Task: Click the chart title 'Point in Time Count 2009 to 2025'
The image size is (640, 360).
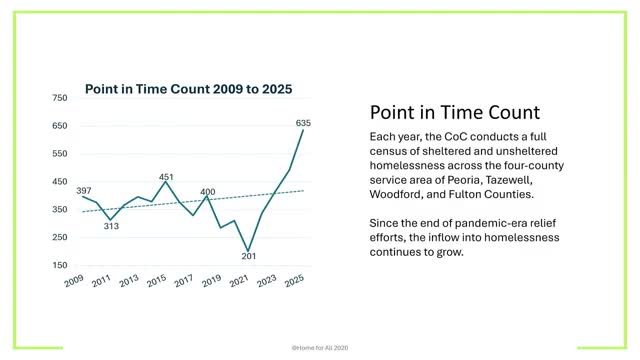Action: tap(188, 89)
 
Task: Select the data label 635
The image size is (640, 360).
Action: tap(305, 123)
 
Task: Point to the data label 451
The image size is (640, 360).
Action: tap(167, 177)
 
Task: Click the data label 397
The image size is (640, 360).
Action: tap(84, 189)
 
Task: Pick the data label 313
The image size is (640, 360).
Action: tap(111, 226)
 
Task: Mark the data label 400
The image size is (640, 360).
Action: tap(208, 192)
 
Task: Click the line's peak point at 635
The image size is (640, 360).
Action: tap(303, 131)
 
